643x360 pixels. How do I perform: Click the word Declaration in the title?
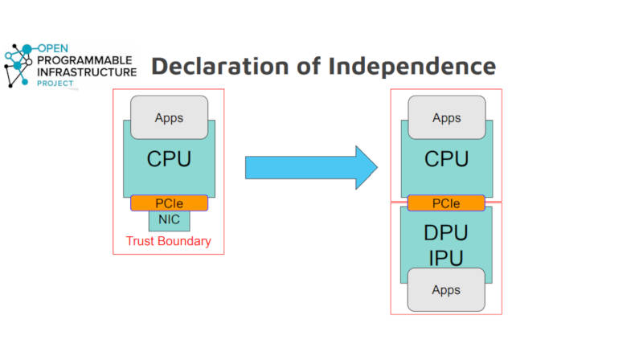click(220, 66)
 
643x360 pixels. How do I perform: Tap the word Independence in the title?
click(412, 66)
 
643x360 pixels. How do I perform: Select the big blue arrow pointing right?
click(311, 168)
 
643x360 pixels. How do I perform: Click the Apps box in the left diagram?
click(169, 117)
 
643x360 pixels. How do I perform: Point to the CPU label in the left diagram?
click(169, 158)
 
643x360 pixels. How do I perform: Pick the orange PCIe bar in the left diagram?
click(169, 203)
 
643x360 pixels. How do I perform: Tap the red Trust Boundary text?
click(169, 241)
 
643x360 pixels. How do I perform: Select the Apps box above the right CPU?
click(447, 117)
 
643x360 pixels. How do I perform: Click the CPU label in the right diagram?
click(447, 158)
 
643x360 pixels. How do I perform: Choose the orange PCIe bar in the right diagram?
click(446, 203)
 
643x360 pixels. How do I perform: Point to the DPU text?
click(446, 233)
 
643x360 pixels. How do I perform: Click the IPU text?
click(446, 258)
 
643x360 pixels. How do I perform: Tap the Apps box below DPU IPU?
click(446, 290)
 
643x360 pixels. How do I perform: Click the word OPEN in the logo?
click(53, 48)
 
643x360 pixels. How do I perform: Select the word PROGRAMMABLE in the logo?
click(84, 60)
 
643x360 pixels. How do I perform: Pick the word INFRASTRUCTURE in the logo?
click(87, 72)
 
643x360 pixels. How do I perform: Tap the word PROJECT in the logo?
click(55, 84)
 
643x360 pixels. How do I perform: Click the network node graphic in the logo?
click(18, 65)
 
